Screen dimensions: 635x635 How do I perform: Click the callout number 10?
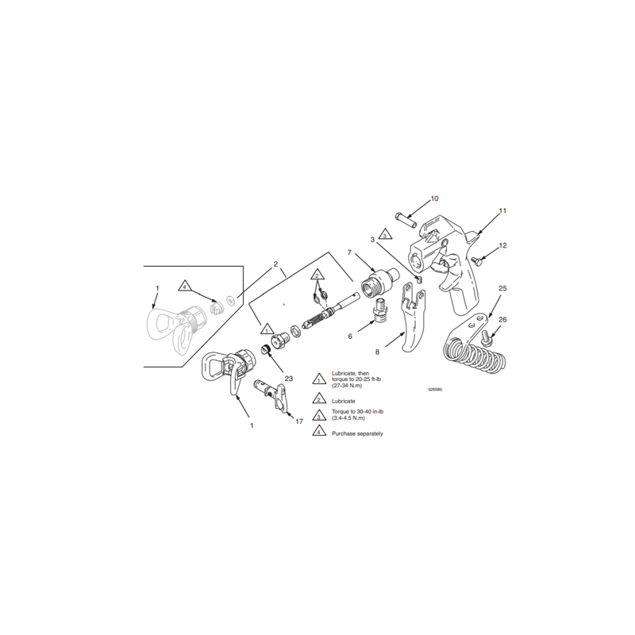pos(434,198)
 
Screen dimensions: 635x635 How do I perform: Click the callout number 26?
pos(502,319)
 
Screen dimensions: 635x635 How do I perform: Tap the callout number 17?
pos(299,421)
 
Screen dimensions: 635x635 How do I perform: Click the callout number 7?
pos(348,252)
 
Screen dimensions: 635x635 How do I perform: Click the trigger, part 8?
pos(410,325)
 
